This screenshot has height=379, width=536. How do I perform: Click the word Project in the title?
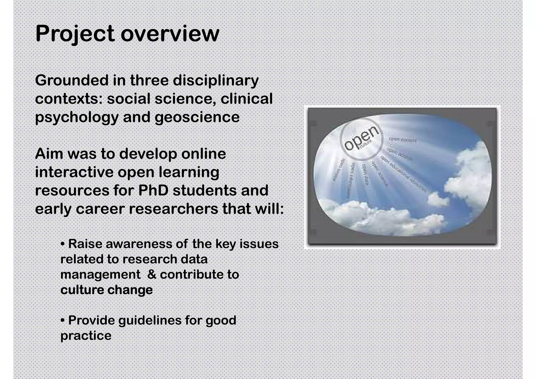pyautogui.click(x=75, y=34)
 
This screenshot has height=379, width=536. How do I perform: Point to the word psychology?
pyautogui.click(x=77, y=117)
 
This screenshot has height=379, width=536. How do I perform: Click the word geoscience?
pyautogui.click(x=197, y=117)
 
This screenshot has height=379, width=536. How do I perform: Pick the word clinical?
pyautogui.click(x=247, y=99)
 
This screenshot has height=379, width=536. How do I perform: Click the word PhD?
pyautogui.click(x=153, y=190)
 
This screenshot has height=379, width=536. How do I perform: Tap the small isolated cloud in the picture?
pyautogui.click(x=438, y=199)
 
